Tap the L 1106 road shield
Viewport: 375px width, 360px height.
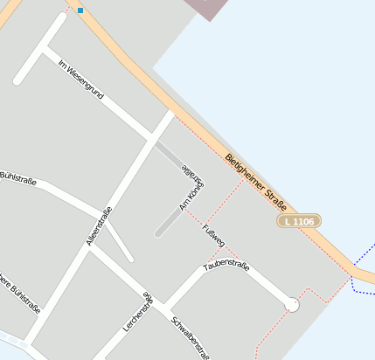point(298,222)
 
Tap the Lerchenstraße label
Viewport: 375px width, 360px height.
point(138,317)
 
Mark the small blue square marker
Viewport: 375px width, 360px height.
point(80,10)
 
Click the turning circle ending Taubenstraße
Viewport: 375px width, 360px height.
point(292,305)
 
